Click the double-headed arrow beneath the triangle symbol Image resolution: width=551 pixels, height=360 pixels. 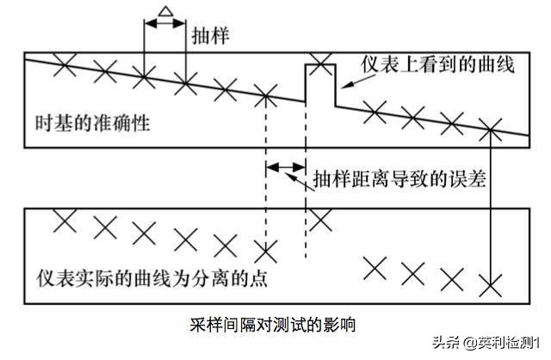164,24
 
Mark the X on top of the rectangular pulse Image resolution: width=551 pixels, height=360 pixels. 320,61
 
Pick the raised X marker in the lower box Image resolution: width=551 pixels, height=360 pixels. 320,219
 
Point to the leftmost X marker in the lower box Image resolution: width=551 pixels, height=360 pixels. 63,220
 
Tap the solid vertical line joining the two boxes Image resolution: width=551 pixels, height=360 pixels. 490,207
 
